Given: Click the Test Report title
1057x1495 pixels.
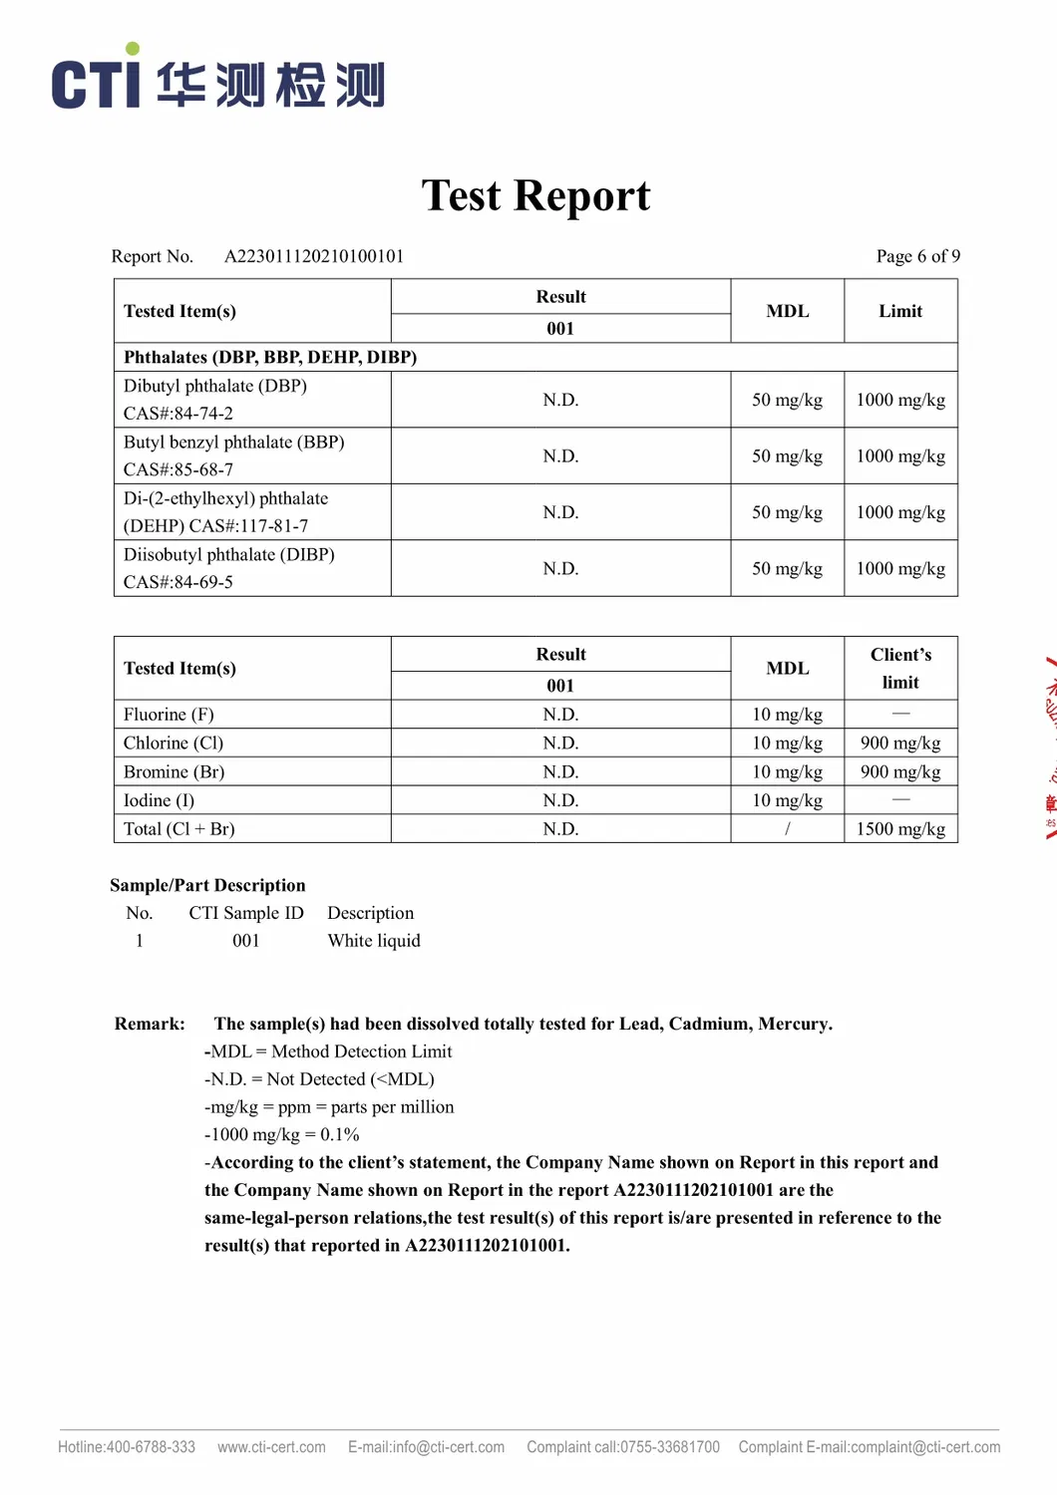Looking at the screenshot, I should click(535, 195).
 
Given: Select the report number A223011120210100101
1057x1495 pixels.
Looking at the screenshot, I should click(314, 256).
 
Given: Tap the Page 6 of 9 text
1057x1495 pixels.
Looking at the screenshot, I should click(917, 256).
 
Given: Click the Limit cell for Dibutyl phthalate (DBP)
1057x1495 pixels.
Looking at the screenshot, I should click(900, 400).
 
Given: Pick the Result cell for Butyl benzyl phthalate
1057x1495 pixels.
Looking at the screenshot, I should click(560, 456).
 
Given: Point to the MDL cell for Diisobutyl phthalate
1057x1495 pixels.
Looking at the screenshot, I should click(787, 569).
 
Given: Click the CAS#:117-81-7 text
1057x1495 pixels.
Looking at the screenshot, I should click(248, 526).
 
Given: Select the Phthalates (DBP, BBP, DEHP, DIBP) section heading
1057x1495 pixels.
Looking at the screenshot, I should click(270, 357).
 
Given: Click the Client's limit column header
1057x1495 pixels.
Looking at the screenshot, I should click(900, 668).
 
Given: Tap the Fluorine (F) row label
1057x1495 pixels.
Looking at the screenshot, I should click(169, 715).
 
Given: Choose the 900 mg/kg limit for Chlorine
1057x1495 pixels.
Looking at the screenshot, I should click(900, 744).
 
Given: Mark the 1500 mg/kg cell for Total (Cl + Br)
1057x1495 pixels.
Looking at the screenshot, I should click(900, 829).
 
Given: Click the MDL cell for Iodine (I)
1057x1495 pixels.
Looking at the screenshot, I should click(787, 800).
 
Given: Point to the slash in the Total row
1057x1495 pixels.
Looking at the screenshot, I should click(787, 829).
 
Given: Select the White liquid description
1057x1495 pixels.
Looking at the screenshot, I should click(374, 941).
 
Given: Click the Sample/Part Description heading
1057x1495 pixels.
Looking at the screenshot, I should click(207, 885).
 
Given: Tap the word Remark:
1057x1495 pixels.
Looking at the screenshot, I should click(150, 1024).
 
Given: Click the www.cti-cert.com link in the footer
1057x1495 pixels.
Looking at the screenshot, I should click(271, 1447).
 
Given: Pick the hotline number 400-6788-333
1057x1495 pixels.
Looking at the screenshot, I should click(151, 1447).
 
